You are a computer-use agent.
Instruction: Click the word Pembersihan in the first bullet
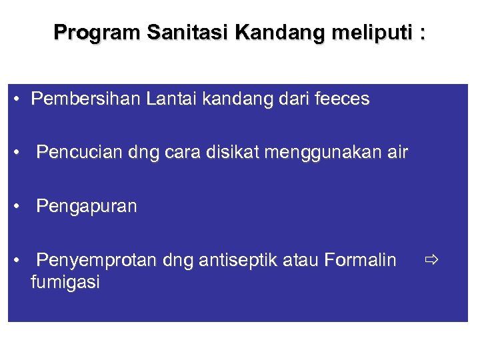(86, 99)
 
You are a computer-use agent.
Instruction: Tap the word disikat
(232, 153)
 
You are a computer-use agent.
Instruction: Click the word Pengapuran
(87, 207)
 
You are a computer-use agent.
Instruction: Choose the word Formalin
(360, 259)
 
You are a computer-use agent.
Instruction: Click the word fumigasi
(65, 283)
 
